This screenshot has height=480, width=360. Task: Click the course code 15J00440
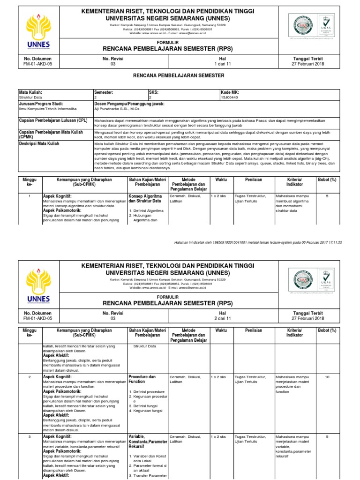pyautogui.click(x=229, y=97)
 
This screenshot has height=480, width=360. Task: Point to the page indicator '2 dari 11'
pyautogui.click(x=223, y=318)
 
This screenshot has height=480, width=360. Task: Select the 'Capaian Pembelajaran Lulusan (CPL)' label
pyautogui.click(x=50, y=120)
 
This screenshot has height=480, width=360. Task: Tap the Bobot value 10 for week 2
pyautogui.click(x=327, y=377)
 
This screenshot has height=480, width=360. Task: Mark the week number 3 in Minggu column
pyautogui.click(x=29, y=436)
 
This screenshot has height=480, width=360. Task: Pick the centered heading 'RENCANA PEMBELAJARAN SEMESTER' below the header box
pyautogui.click(x=180, y=75)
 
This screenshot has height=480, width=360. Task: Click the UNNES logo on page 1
pyautogui.click(x=40, y=31)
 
